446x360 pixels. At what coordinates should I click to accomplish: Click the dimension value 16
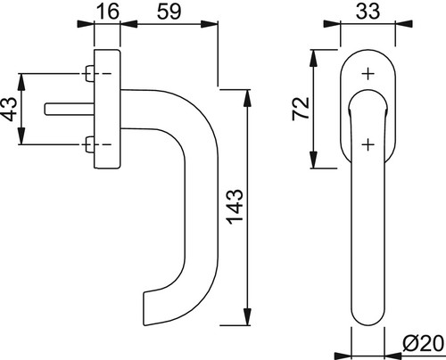(108, 12)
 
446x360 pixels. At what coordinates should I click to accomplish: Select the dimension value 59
(169, 12)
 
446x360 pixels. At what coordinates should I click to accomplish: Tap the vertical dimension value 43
(9, 109)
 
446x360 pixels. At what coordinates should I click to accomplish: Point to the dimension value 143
(235, 206)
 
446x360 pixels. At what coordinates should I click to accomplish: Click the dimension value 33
(368, 12)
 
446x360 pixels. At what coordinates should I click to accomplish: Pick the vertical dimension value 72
(301, 109)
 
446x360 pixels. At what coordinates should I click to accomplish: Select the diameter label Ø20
(423, 344)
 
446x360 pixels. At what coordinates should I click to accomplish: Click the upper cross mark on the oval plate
(368, 74)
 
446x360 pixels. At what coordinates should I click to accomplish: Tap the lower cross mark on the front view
(368, 144)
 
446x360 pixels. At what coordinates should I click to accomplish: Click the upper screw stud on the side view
(89, 73)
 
